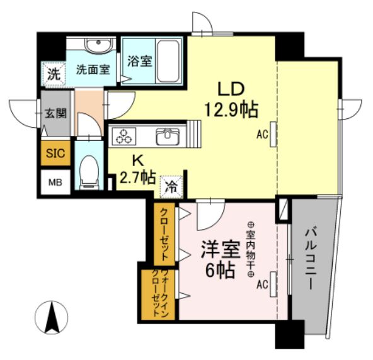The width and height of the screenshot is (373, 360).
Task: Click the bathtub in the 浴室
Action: point(168,61)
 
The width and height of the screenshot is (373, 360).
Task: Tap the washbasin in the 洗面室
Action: point(98,45)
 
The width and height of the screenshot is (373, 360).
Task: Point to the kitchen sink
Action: point(168,137)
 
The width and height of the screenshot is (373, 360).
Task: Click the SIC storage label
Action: point(55,154)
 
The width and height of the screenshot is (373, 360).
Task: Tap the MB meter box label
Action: point(55,183)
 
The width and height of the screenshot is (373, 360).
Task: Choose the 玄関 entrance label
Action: point(55,113)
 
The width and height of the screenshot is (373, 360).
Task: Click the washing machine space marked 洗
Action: point(54,74)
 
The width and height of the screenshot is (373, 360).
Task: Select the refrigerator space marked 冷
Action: point(171,187)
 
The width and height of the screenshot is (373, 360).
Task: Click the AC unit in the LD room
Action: point(273,135)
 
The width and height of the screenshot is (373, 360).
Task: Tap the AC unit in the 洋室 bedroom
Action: point(273,284)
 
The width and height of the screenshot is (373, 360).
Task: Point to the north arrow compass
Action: point(52,318)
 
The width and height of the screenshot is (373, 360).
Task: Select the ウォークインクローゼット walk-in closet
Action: point(158,295)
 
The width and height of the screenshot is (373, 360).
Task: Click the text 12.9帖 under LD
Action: point(231,110)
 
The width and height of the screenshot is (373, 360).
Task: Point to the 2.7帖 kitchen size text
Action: point(137,177)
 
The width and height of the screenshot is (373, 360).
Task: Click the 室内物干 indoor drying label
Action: point(251,249)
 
